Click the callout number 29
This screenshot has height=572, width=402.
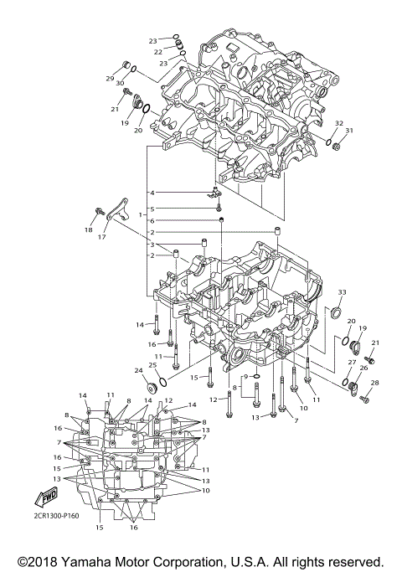(x=109, y=78)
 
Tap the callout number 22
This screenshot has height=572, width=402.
(x=157, y=52)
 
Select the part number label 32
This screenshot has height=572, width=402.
(x=338, y=123)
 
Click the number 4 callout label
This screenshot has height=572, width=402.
(x=152, y=193)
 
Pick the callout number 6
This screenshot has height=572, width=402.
(x=152, y=220)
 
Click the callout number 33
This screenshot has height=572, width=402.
(x=342, y=291)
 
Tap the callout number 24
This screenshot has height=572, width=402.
(x=138, y=370)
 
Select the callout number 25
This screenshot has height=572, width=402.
(x=152, y=364)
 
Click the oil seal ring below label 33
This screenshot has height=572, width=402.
(x=337, y=313)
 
